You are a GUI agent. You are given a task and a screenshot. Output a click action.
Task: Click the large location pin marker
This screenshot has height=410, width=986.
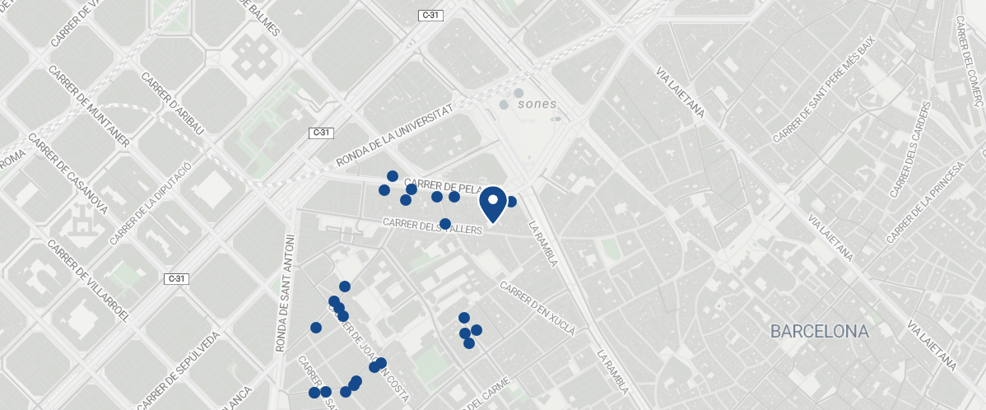[x=492, y=203]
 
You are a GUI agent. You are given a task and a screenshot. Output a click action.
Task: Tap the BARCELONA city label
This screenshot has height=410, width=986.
[x=819, y=332]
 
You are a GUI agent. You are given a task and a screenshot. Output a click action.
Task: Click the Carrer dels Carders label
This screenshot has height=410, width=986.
[x=912, y=150]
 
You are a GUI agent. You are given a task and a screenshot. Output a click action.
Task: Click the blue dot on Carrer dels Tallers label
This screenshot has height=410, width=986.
[x=445, y=224]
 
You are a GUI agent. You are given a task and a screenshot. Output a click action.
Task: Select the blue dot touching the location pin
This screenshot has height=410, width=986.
[x=510, y=202]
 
